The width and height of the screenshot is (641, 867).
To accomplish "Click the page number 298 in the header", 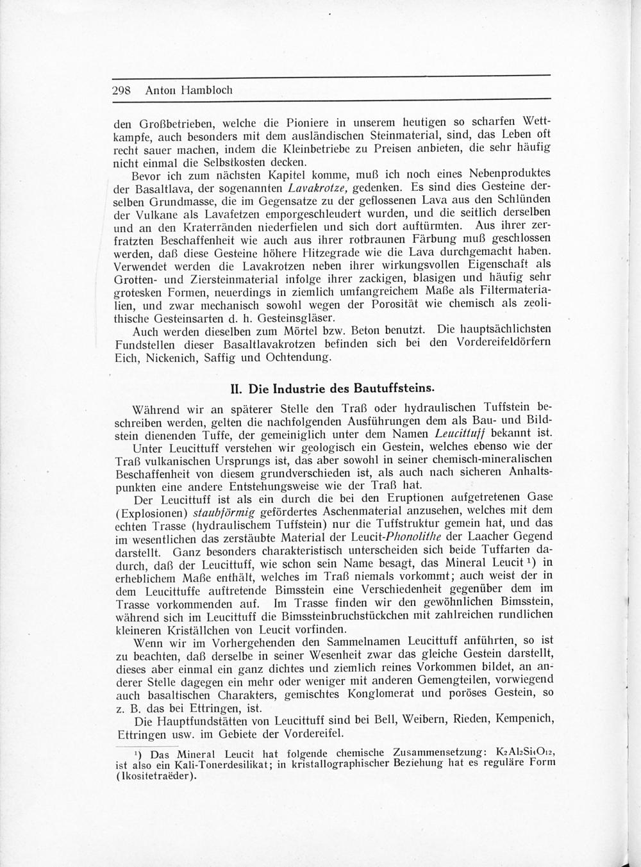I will [121, 90].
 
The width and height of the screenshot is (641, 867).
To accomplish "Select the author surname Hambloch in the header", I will [207, 90].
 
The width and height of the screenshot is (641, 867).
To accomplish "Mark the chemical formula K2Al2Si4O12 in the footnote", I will [519, 752].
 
